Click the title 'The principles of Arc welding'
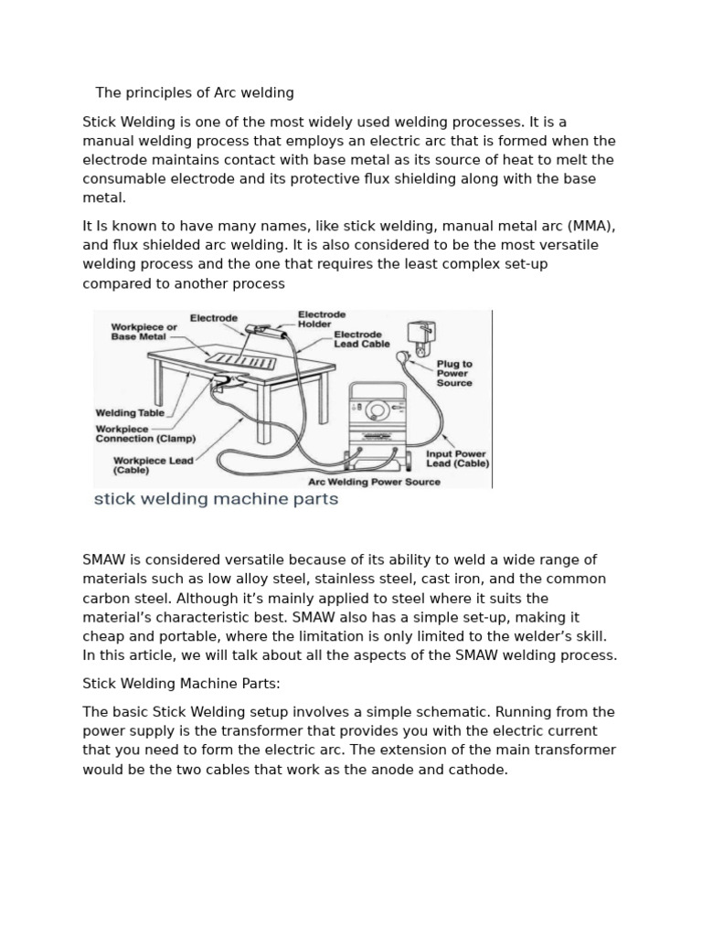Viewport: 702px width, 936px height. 195,92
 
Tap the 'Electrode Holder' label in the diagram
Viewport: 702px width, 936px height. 315,318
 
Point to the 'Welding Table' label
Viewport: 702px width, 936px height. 130,413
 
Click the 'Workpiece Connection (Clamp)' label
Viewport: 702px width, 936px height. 145,433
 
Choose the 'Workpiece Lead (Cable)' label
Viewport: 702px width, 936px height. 153,465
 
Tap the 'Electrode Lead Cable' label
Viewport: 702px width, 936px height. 362,339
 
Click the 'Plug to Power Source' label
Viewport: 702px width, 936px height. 453,373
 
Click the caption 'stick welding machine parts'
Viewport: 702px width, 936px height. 217,500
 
